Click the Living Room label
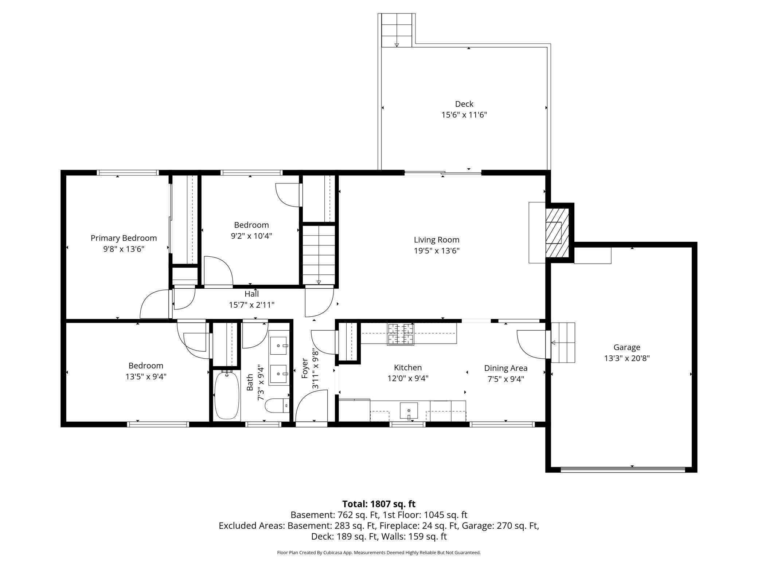(436, 240)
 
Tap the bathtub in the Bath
(227, 395)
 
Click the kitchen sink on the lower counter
(409, 410)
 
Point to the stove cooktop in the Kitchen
(401, 334)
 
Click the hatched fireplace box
(557, 232)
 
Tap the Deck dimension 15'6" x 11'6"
(464, 115)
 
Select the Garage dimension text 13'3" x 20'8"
(626, 358)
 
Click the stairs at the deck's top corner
(396, 31)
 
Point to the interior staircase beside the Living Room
(319, 255)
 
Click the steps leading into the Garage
(563, 343)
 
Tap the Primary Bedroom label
(124, 238)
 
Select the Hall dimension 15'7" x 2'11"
(251, 305)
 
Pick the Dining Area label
(505, 368)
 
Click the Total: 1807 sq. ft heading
(379, 504)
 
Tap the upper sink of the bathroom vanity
(279, 345)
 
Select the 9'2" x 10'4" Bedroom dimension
(251, 236)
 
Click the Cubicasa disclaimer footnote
(379, 552)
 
